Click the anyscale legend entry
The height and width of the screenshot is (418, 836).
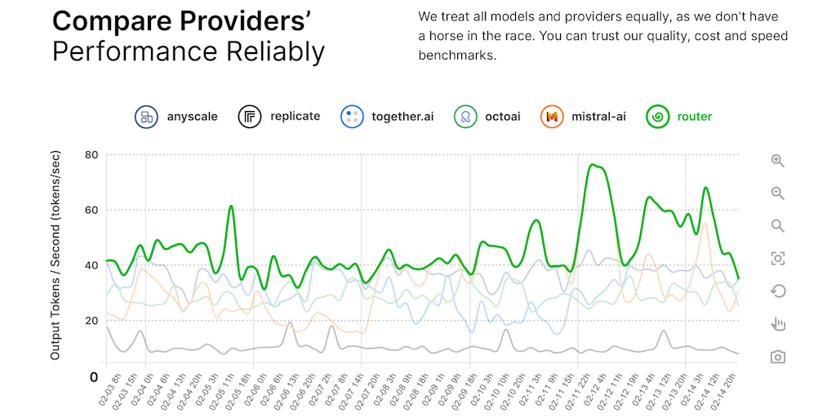tap(176, 117)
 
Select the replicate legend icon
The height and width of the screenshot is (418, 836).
tap(250, 117)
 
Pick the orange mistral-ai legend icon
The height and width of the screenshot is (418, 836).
tap(552, 117)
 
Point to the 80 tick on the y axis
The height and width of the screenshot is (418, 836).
tap(91, 155)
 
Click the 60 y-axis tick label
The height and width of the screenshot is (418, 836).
tap(91, 210)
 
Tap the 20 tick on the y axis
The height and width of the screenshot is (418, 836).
tap(91, 321)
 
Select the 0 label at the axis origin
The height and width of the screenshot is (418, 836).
tap(94, 377)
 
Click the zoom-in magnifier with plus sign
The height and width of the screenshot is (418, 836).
tap(777, 161)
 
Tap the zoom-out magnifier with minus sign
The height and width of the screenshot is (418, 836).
tap(777, 193)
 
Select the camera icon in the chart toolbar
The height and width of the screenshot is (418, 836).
tap(777, 357)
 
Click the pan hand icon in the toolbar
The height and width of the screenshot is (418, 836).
tap(777, 324)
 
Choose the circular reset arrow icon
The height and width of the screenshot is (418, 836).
tap(777, 291)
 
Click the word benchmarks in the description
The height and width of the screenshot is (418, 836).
tap(457, 56)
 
